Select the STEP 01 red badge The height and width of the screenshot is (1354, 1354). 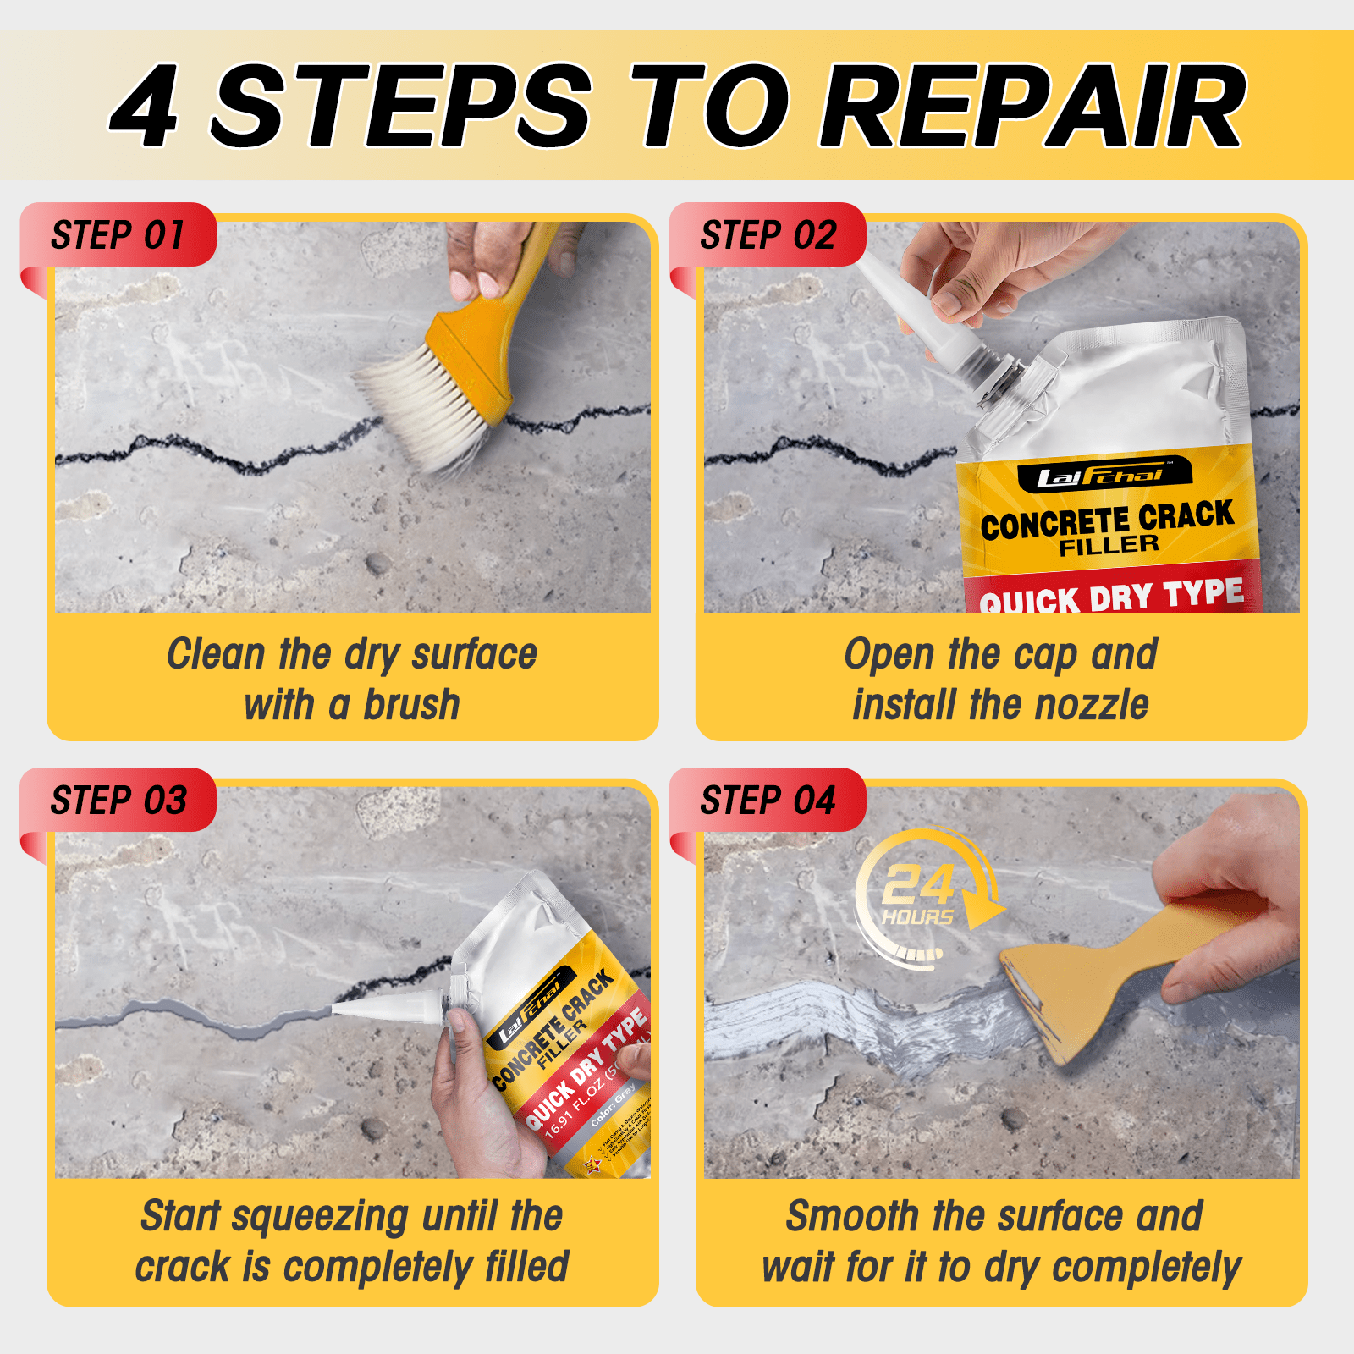[118, 235]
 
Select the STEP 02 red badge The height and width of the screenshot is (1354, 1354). [768, 235]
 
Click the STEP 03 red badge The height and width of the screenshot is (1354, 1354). [118, 801]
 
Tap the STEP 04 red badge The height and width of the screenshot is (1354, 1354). [768, 801]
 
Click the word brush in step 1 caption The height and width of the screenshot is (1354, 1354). [411, 705]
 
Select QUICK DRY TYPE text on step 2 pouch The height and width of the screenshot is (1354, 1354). [1111, 596]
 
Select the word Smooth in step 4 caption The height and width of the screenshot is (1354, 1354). [852, 1217]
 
